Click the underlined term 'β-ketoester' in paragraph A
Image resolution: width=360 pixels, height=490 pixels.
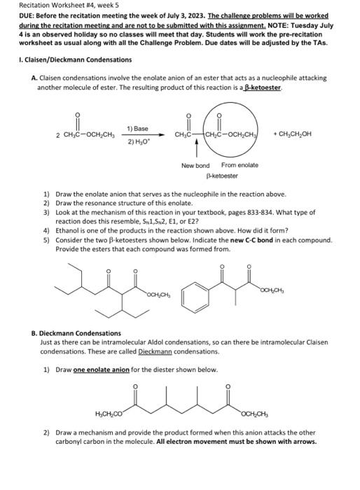[x=262, y=89]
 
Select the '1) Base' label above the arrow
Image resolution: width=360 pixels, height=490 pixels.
[x=137, y=129]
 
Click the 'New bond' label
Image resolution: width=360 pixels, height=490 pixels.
[x=195, y=165]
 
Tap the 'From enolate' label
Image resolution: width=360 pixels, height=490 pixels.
[x=240, y=165]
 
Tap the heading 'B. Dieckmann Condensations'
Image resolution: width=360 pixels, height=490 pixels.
[x=76, y=333]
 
